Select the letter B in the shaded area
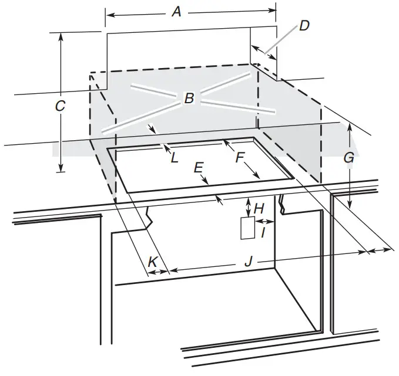(x=189, y=98)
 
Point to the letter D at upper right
(x=304, y=26)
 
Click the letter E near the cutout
(x=199, y=167)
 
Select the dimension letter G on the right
(x=349, y=158)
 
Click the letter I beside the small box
(x=263, y=233)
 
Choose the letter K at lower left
(x=152, y=262)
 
